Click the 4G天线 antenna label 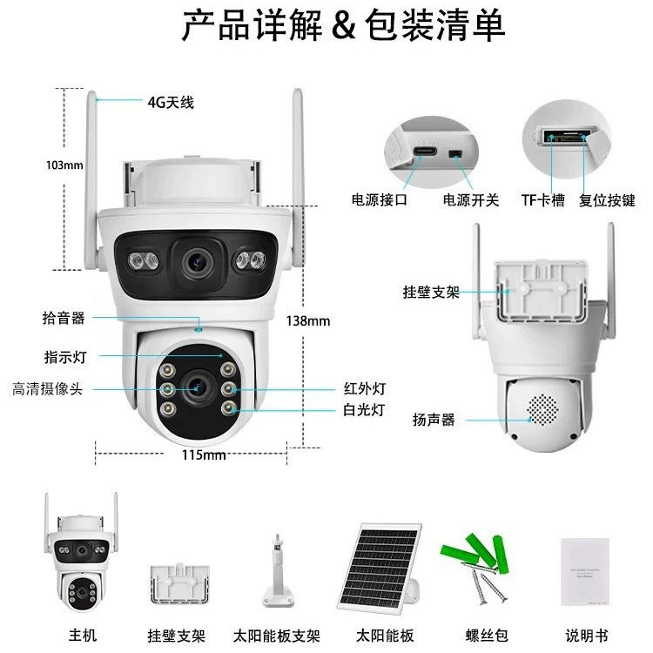pyautogui.click(x=171, y=103)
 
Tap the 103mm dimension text pyautogui.click(x=64, y=165)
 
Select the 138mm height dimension pyautogui.click(x=308, y=321)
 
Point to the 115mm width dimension pyautogui.click(x=204, y=454)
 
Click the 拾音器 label pyautogui.click(x=64, y=318)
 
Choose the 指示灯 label pyautogui.click(x=65, y=357)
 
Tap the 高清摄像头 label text pyautogui.click(x=48, y=389)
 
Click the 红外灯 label pyautogui.click(x=365, y=388)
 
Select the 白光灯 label pyautogui.click(x=364, y=410)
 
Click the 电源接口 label pyautogui.click(x=380, y=200)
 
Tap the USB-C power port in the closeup pyautogui.click(x=425, y=151)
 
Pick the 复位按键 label pyautogui.click(x=607, y=200)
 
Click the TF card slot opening pyautogui.click(x=565, y=136)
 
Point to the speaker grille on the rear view pyautogui.click(x=542, y=410)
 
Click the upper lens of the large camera pyautogui.click(x=196, y=262)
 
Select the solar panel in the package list pyautogui.click(x=379, y=567)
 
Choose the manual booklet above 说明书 pyautogui.click(x=585, y=572)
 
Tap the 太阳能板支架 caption pyautogui.click(x=277, y=636)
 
